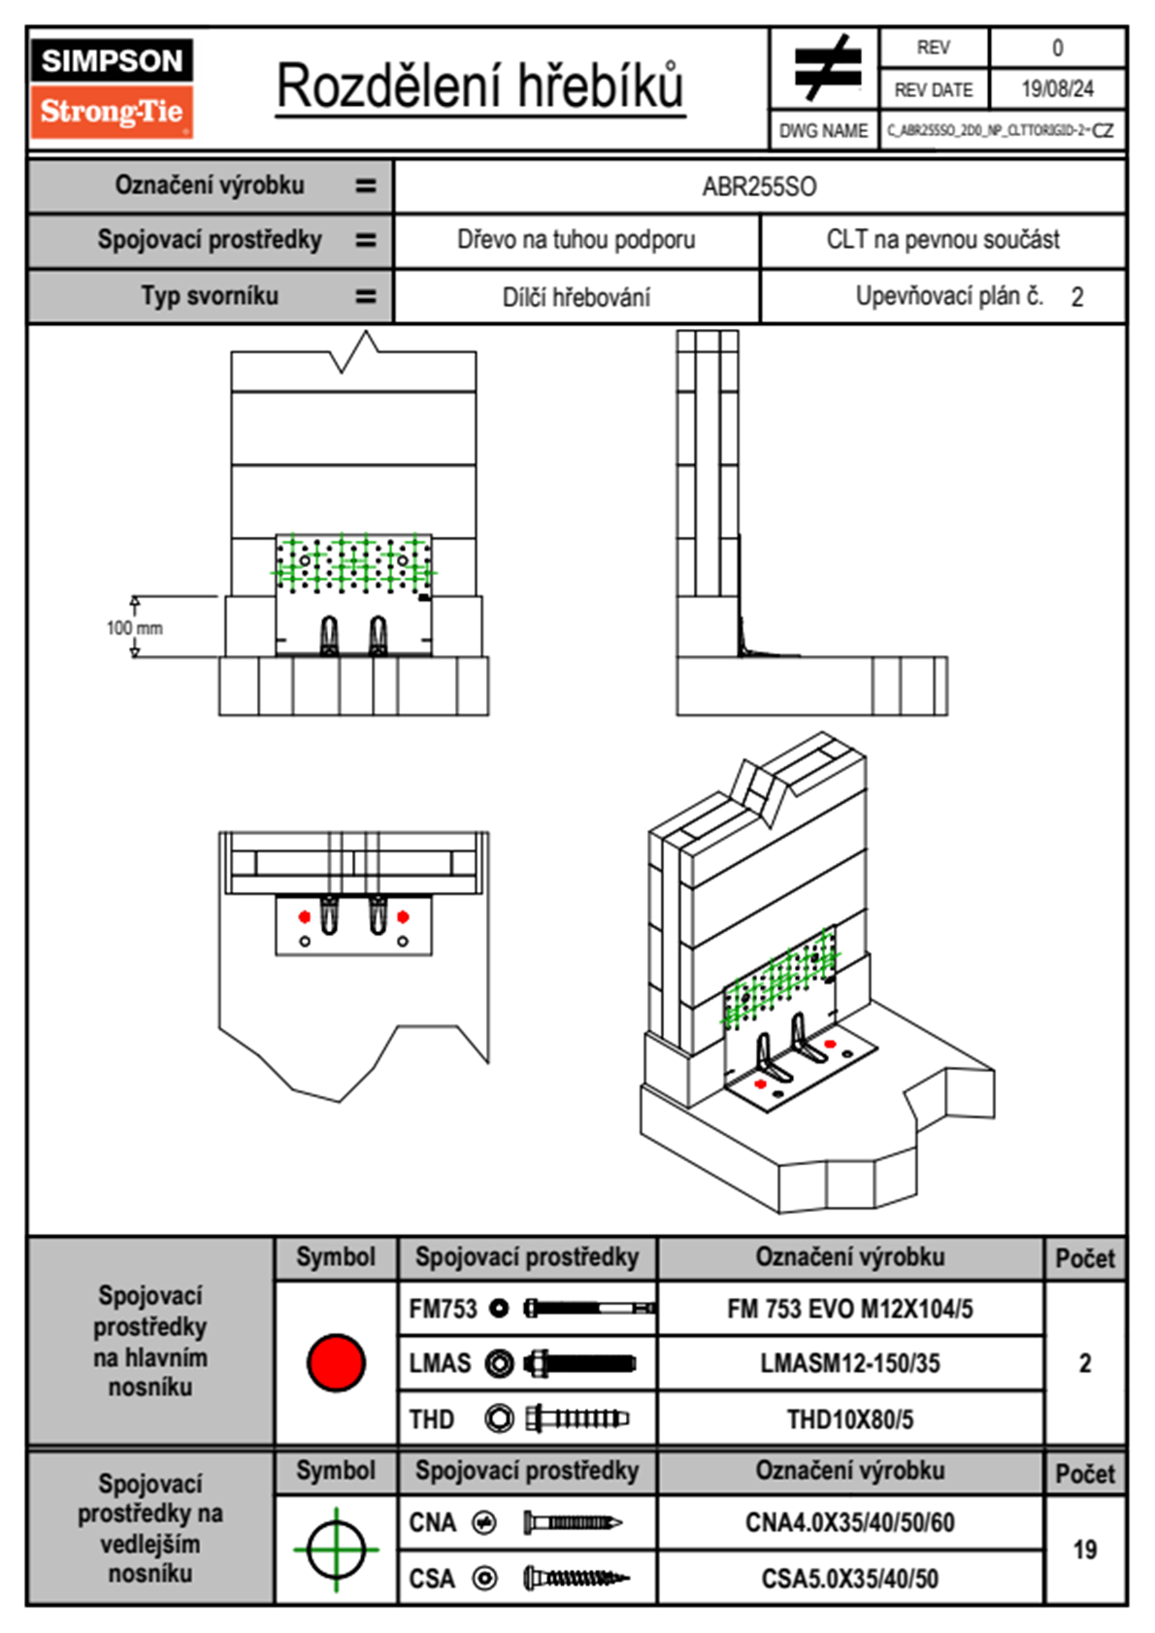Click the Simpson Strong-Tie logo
111,88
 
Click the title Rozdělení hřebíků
480,85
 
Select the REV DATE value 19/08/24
1057,89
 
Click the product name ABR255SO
759,186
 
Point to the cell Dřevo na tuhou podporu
576,240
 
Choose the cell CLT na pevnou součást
942,240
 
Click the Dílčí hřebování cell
576,297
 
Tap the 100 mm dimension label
135,628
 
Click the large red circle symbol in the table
336,1362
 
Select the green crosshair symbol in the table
336,1550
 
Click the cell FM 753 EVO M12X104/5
849,1309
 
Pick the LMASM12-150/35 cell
849,1363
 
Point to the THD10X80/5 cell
849,1419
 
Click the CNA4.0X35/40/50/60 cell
849,1522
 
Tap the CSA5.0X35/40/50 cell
849,1579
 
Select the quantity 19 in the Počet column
1084,1550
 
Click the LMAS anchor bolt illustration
579,1363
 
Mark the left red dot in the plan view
305,916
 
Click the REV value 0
1057,48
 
